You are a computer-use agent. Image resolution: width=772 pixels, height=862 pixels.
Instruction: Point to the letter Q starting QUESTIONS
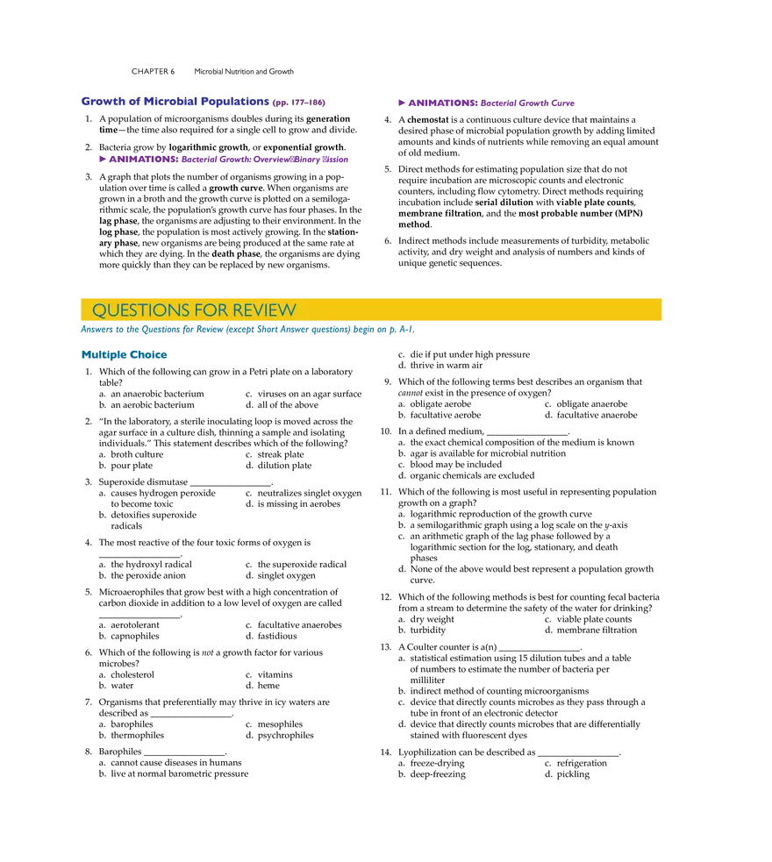point(99,310)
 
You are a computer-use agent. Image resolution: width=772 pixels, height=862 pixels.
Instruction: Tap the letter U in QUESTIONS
point(111,310)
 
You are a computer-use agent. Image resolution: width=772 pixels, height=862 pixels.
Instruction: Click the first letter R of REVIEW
point(238,310)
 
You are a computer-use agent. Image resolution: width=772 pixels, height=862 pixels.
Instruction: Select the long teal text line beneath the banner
point(246,330)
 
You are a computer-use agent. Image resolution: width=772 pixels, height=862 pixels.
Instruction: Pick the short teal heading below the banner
point(124,355)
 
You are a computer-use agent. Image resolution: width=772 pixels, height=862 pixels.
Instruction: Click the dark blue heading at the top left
point(174,101)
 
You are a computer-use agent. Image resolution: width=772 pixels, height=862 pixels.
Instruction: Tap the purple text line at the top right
point(487,103)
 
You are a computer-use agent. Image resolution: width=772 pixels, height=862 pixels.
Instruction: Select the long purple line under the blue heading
point(221,160)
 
